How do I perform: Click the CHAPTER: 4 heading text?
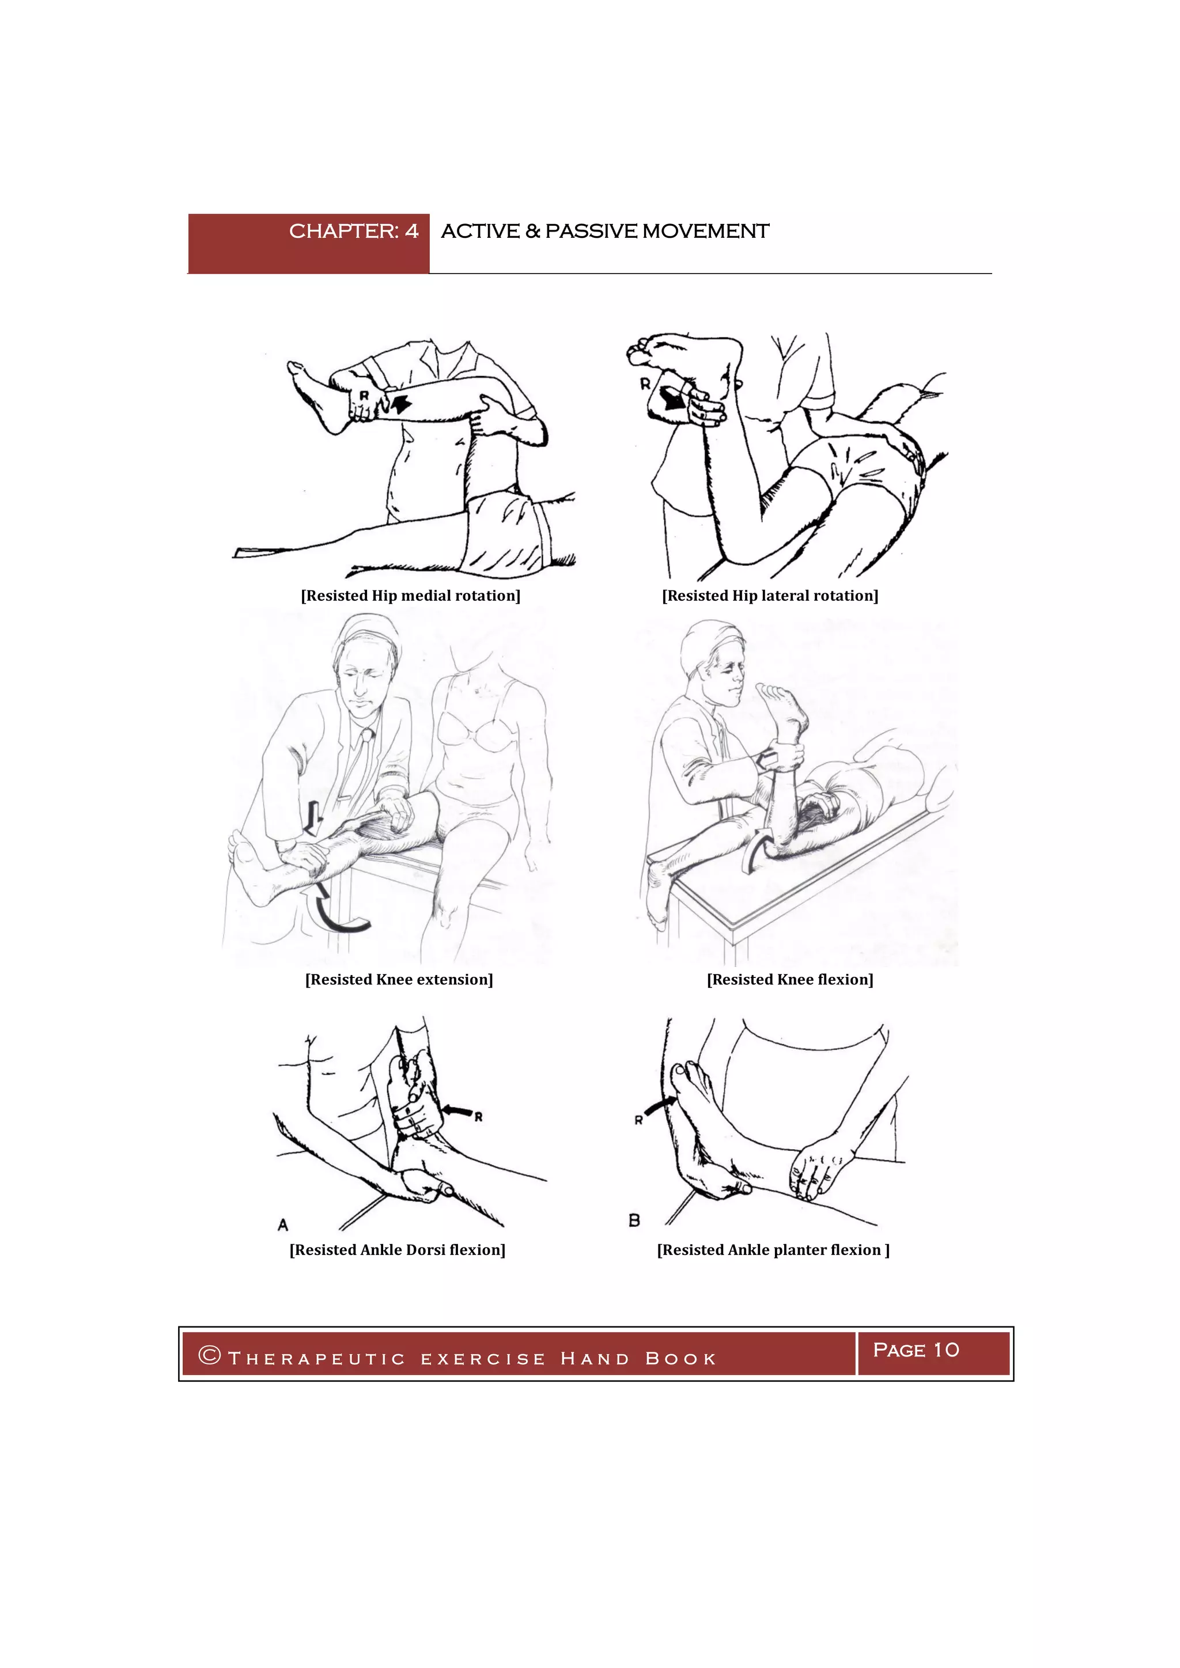[x=353, y=231]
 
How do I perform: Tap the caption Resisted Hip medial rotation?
[x=411, y=596]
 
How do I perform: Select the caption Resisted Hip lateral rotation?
[x=769, y=596]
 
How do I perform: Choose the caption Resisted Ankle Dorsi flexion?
[x=398, y=1249]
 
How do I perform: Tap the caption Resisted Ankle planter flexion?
[x=773, y=1249]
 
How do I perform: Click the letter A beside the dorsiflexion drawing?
[x=283, y=1225]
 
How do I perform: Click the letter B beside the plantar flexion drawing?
[x=634, y=1220]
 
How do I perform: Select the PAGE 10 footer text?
[x=916, y=1350]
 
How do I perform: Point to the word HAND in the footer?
[x=595, y=1359]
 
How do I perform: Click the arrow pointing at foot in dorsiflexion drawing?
[x=456, y=1109]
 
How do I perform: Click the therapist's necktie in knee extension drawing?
[x=356, y=770]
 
